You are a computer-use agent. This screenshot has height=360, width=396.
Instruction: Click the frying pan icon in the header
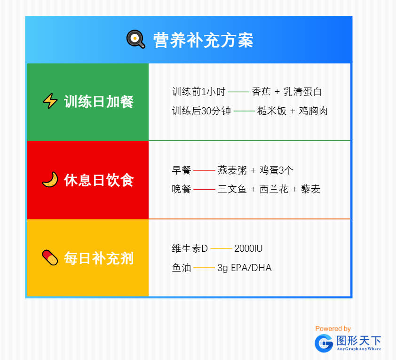(x=135, y=39)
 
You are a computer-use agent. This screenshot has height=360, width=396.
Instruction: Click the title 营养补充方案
(x=203, y=40)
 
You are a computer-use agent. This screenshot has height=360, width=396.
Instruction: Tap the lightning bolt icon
(x=50, y=101)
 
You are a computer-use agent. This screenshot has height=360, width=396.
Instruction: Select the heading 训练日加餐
(x=98, y=102)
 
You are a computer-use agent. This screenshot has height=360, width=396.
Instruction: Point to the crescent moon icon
(x=50, y=180)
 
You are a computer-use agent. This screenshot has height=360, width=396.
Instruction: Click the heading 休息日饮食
(x=98, y=180)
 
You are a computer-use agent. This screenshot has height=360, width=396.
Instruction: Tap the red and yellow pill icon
(x=50, y=258)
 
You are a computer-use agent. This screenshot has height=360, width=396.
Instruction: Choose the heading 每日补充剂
(x=98, y=258)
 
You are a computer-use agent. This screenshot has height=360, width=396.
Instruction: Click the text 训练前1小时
(x=198, y=92)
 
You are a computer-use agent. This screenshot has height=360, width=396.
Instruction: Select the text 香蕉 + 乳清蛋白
(x=286, y=92)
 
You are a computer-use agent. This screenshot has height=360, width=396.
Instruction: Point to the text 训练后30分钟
(x=201, y=111)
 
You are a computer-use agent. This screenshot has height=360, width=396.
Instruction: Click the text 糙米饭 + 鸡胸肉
(x=292, y=111)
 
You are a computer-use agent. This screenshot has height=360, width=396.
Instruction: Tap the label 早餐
(x=182, y=170)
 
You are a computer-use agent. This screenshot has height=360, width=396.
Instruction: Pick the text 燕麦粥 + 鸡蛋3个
(x=255, y=170)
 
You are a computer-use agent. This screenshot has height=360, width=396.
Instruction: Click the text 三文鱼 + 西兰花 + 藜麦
(x=269, y=189)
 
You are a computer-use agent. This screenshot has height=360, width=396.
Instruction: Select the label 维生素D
(x=190, y=248)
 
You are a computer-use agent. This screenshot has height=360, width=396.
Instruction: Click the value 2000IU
(x=248, y=248)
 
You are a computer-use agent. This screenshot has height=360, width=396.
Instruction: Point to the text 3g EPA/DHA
(x=245, y=268)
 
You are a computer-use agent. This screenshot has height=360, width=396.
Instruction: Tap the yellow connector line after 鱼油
(x=204, y=268)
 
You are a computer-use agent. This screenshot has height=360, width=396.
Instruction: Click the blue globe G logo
(x=324, y=343)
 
